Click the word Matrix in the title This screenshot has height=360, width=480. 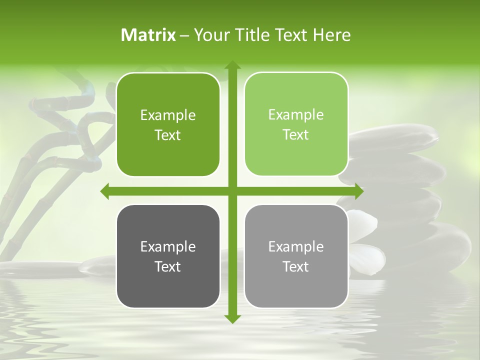(148, 35)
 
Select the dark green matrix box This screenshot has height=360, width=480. (168, 125)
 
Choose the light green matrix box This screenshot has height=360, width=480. (296, 124)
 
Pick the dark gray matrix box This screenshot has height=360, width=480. (168, 256)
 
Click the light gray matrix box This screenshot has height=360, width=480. (296, 256)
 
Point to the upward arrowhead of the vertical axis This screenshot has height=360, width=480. (232, 65)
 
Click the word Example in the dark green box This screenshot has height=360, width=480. (168, 115)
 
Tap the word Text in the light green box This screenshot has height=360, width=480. (296, 134)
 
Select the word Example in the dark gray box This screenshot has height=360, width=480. (168, 246)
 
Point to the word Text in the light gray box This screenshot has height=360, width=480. (296, 266)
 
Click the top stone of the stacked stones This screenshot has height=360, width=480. (395, 137)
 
